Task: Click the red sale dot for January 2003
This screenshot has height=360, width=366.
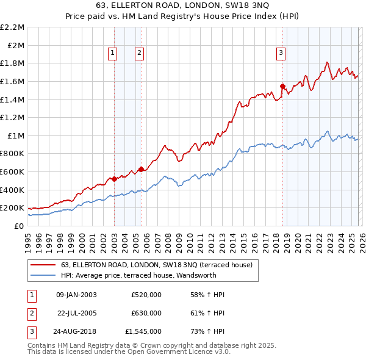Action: tap(114, 179)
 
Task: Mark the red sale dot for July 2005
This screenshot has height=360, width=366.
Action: tap(141, 169)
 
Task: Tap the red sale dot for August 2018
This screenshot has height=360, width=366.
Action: tap(282, 86)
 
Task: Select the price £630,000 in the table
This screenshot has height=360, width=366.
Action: tap(146, 313)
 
